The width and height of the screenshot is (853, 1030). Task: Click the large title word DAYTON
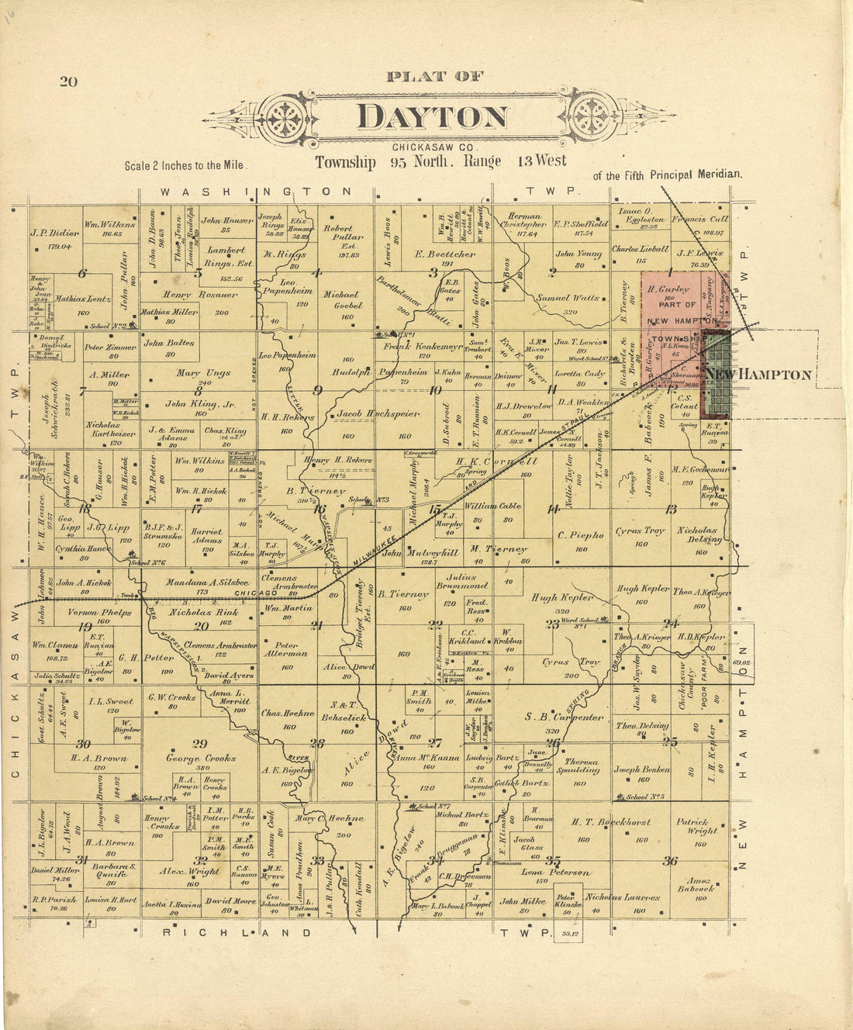click(x=432, y=116)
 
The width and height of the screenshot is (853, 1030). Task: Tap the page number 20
click(x=68, y=81)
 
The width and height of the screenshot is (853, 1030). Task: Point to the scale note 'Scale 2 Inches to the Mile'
click(x=185, y=165)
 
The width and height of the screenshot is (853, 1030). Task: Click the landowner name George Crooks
click(x=200, y=758)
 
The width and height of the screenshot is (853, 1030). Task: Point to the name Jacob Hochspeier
click(x=378, y=414)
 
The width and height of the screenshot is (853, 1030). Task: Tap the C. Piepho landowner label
click(x=580, y=534)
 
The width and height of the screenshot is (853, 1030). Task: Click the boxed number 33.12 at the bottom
click(x=569, y=934)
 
